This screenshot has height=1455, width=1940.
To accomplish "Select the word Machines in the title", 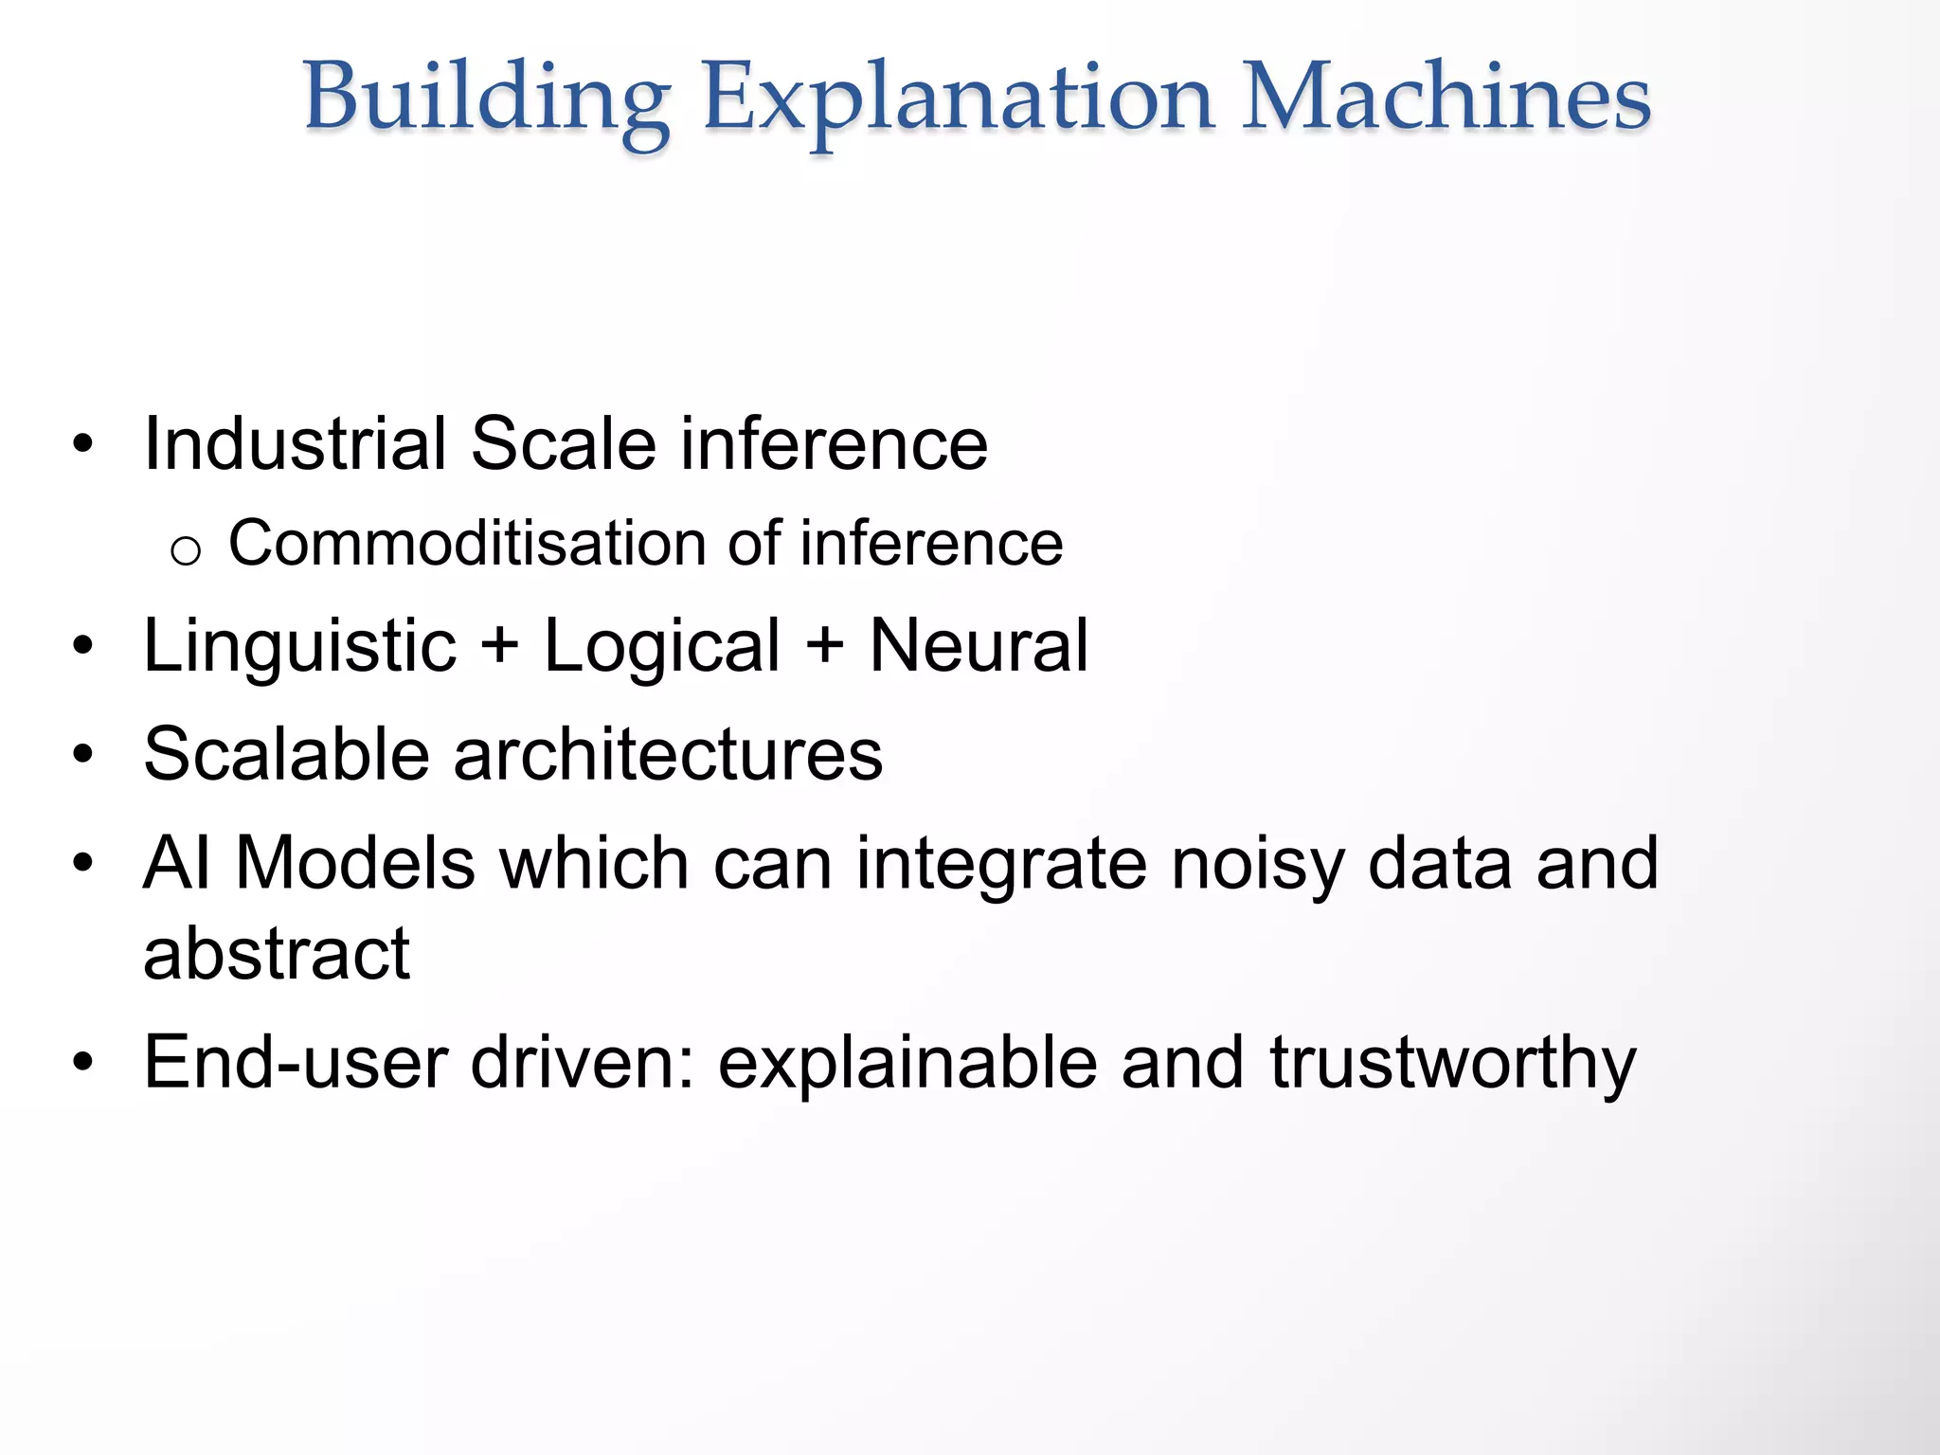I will click(x=1446, y=98).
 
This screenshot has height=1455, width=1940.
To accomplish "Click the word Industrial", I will click(x=295, y=443).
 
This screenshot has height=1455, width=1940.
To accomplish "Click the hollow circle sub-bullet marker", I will click(x=186, y=550).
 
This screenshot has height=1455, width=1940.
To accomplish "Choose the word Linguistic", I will click(x=299, y=646).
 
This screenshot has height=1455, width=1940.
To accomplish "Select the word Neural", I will click(x=979, y=646).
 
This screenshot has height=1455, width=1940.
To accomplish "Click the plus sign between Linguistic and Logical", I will click(x=499, y=646).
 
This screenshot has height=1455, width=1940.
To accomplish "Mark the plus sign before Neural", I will click(x=824, y=646).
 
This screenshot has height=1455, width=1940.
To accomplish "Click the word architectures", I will click(x=668, y=755).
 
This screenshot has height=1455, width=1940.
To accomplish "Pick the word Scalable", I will click(x=287, y=755).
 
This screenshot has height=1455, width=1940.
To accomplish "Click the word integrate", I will click(x=1001, y=865).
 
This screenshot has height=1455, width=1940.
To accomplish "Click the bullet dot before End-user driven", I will click(x=83, y=1062).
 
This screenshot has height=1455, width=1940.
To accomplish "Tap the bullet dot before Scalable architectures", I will click(x=83, y=754).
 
